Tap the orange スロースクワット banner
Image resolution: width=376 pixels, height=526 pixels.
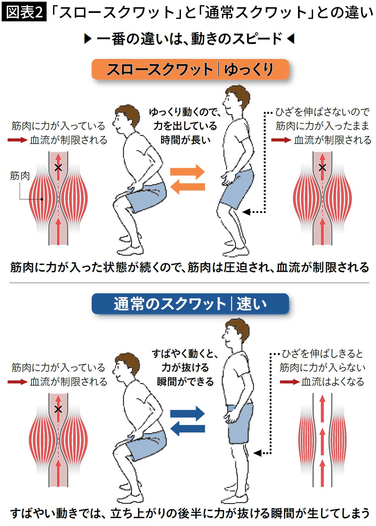point(190,69)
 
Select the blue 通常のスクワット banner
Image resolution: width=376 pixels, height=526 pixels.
point(190,304)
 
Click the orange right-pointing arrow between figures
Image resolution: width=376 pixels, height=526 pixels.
point(187,172)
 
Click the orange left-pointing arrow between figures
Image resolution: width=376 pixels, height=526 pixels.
point(187,187)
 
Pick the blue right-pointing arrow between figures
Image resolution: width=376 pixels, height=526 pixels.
point(187,413)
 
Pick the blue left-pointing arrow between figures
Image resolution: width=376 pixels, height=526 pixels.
point(187,429)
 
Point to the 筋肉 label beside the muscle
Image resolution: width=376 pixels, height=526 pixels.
point(20,176)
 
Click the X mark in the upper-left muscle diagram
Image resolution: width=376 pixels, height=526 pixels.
point(58,168)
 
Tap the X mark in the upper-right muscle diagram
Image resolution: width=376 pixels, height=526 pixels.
point(322,168)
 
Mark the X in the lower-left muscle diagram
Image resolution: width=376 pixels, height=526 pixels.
point(58,409)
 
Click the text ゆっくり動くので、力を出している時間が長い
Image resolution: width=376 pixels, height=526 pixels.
point(185,126)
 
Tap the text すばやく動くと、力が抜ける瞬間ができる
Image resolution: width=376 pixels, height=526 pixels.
point(185,367)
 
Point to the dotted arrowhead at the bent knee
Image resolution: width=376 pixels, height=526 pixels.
point(246,212)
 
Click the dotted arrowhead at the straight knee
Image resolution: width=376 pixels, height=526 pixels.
point(258,453)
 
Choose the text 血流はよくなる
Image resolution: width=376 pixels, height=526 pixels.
point(333,382)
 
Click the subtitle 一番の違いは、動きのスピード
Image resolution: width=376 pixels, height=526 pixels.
point(189,39)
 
